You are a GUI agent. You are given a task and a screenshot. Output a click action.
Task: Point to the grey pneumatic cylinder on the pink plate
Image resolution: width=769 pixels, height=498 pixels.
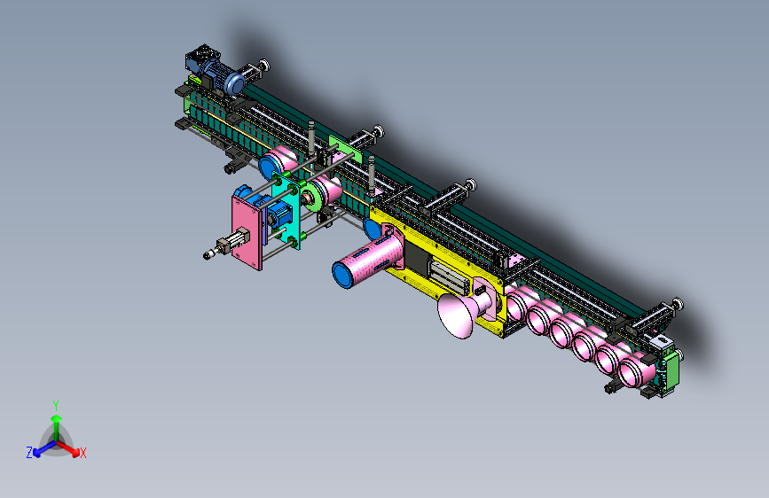click(227, 244)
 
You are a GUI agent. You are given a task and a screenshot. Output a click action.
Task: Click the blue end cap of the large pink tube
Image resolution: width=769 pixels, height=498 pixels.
click(343, 275)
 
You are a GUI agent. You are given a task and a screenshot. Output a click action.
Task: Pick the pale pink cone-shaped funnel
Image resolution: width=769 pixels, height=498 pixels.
click(456, 316)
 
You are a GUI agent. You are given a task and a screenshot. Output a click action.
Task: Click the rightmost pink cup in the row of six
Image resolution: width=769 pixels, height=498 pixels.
click(634, 372)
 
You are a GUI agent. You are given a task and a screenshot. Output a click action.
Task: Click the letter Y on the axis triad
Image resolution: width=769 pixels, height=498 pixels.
click(56, 405)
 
